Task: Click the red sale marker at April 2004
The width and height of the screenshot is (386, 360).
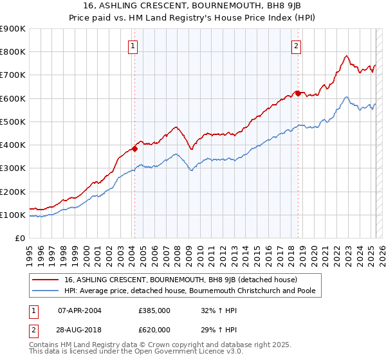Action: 134,148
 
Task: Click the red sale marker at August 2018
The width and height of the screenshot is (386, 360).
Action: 297,93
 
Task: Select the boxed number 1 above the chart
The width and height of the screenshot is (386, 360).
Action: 133,46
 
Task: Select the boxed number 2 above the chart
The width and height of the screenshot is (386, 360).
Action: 296,46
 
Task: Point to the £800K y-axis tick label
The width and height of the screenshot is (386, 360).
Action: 13,52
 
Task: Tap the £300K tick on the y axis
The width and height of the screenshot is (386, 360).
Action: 13,168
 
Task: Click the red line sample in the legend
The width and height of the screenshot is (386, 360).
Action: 46,280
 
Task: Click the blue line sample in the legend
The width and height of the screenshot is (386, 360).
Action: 46,291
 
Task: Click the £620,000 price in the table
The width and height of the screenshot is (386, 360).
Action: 154,329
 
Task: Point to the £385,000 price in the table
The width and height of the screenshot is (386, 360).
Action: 154,310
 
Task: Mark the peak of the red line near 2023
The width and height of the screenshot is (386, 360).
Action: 347,55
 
